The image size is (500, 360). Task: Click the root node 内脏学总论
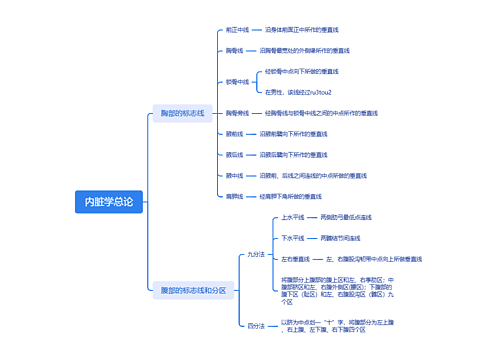point(109,202)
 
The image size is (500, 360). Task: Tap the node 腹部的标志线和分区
point(193,290)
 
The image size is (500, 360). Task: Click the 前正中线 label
point(237,31)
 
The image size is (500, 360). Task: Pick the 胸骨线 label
point(234,48)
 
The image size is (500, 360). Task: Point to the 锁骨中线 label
point(237,81)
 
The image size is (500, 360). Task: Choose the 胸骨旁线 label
point(237,113)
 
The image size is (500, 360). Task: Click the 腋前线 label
point(234,133)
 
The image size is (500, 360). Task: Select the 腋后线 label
point(234,154)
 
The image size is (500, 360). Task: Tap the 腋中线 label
point(234,175)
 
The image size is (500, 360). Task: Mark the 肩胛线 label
point(234,196)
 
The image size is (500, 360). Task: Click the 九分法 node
point(256,255)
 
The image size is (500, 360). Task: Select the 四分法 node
point(256,325)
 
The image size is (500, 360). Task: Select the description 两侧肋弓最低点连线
point(345,217)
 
